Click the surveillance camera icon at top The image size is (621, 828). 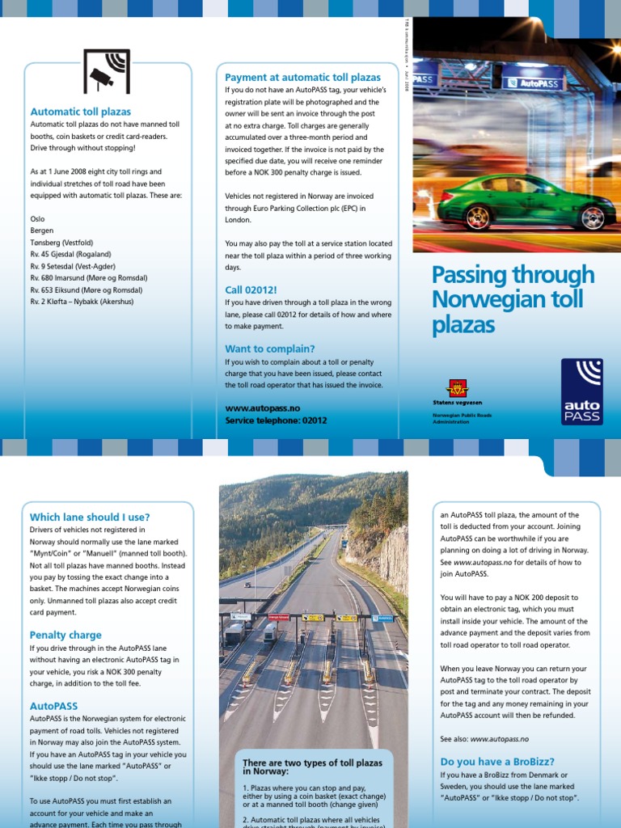[x=107, y=71]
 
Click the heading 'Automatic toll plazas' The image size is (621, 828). [x=80, y=112]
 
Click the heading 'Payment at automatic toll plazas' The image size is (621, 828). [x=302, y=78]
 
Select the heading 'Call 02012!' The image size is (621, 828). [x=251, y=289]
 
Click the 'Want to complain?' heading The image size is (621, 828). [x=269, y=349]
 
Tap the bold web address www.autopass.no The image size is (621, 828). [x=263, y=409]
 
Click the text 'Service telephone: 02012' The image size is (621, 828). [x=276, y=420]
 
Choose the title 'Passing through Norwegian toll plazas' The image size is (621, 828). [x=513, y=300]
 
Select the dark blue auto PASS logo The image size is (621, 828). [x=581, y=391]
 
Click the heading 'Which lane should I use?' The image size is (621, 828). [x=90, y=517]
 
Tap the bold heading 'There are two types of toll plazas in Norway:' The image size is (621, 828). [x=312, y=767]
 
